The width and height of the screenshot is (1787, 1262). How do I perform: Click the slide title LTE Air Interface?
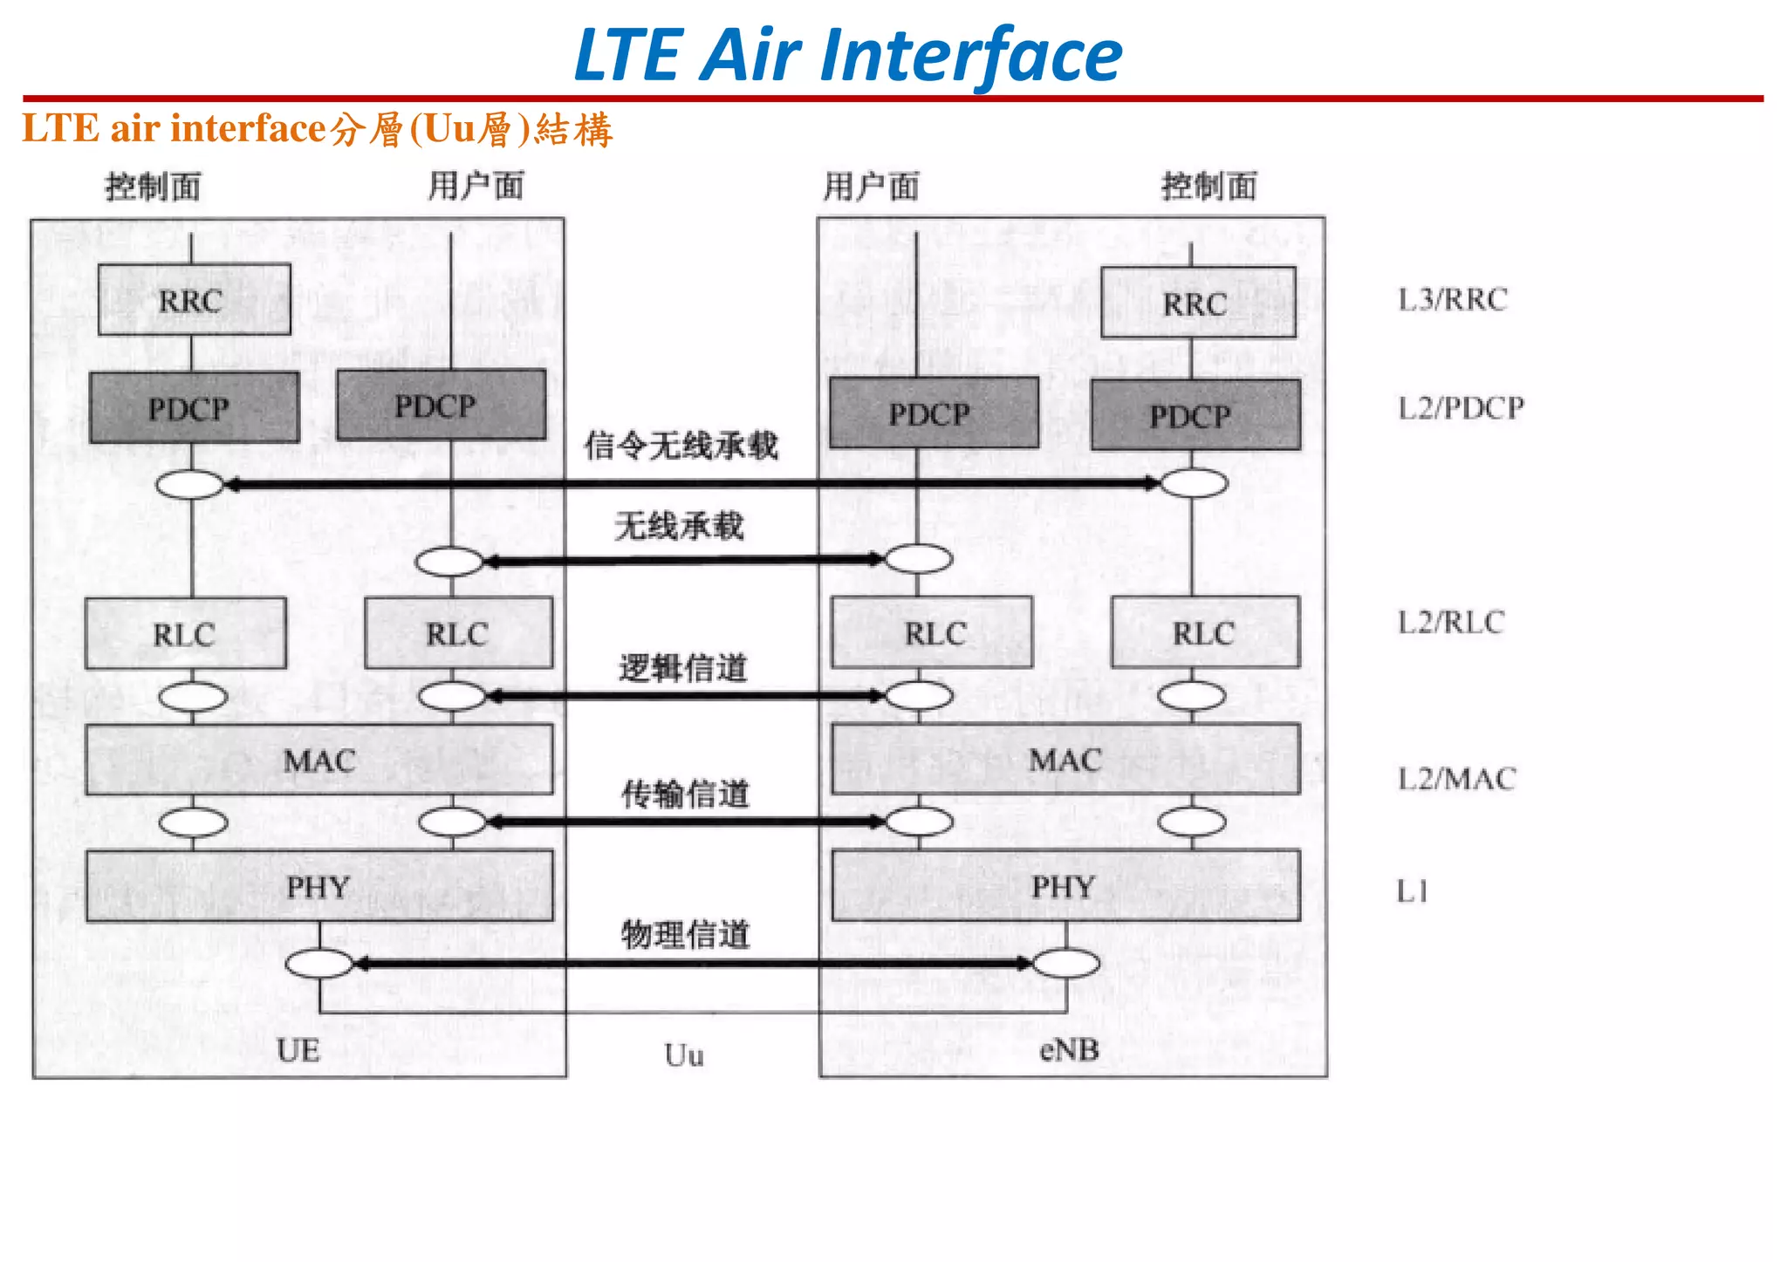[x=848, y=55]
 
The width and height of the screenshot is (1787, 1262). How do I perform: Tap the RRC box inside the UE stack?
[x=193, y=301]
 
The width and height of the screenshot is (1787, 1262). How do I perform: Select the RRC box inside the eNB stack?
[x=1197, y=304]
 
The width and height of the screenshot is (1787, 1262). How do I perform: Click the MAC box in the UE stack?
[x=318, y=761]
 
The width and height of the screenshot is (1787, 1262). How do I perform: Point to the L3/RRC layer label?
[x=1453, y=300]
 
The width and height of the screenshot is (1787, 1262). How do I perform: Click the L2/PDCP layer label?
[x=1461, y=408]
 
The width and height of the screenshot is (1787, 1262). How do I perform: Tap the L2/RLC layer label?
[x=1451, y=623]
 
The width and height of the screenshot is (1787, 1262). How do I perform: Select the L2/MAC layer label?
[x=1456, y=779]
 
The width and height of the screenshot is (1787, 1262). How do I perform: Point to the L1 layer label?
[x=1413, y=891]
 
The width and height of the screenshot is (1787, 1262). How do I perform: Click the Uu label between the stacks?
[x=683, y=1055]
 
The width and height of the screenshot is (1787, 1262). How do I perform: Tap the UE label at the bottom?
[x=298, y=1051]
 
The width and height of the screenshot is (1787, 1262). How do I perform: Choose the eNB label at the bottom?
[x=1069, y=1050]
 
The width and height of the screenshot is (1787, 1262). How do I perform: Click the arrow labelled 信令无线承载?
[x=689, y=483]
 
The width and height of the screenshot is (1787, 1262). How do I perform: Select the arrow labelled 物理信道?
[x=689, y=964]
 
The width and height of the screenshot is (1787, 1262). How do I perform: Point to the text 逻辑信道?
[x=683, y=668]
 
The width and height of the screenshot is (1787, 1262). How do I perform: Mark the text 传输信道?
[x=685, y=795]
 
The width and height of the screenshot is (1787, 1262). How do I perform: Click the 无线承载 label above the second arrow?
[x=679, y=526]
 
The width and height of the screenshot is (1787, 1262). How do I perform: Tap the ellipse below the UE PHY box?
[x=319, y=964]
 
